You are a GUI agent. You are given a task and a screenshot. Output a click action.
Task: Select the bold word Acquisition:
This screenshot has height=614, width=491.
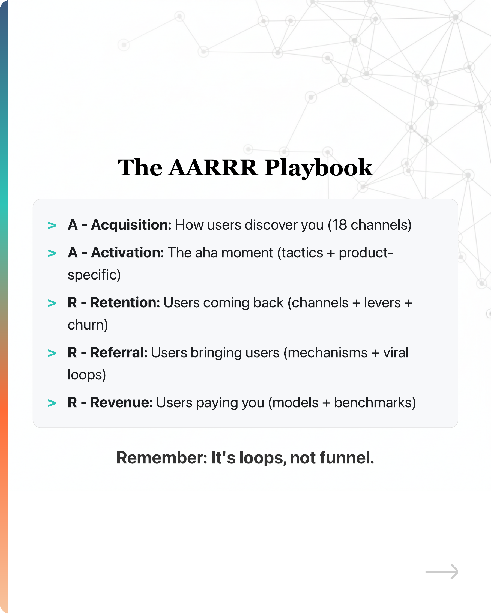click(131, 225)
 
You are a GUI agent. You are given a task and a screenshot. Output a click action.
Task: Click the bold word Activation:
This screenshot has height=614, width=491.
click(127, 253)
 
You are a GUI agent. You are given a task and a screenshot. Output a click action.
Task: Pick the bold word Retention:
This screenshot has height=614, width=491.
click(125, 303)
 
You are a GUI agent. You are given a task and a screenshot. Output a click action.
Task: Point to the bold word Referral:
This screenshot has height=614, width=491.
click(119, 353)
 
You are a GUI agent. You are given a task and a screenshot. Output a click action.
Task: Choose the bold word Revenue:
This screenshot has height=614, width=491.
click(121, 403)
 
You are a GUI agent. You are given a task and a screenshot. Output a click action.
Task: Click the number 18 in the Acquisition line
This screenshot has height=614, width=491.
click(339, 225)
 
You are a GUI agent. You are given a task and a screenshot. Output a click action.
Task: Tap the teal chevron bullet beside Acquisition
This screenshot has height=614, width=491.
click(52, 226)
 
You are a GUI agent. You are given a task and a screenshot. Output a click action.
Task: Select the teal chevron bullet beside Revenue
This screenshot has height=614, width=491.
click(52, 403)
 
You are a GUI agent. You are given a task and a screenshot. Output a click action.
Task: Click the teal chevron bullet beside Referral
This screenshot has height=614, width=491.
click(52, 353)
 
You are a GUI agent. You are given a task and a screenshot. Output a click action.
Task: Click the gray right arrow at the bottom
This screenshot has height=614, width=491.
click(441, 571)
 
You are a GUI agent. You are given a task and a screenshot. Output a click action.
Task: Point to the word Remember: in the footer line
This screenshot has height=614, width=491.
click(162, 458)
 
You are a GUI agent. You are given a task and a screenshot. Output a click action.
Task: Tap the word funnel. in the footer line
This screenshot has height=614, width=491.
click(347, 458)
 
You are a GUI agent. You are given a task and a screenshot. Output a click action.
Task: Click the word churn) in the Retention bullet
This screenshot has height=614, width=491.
click(88, 325)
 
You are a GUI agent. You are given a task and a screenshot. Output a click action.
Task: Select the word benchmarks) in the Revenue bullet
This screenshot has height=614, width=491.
click(375, 403)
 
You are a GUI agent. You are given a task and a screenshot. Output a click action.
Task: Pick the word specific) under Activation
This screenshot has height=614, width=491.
click(94, 275)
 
